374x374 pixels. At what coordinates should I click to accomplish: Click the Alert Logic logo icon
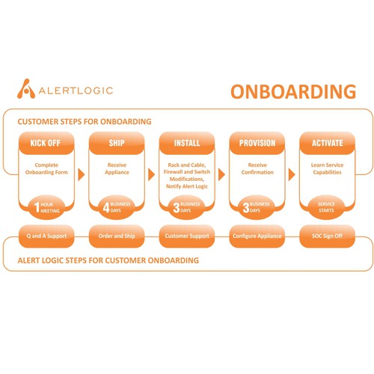coord(26,89)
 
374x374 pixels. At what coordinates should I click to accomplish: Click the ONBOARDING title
coord(293,91)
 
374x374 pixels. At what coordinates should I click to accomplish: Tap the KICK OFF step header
coord(46,143)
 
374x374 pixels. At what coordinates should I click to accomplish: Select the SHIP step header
coord(117,143)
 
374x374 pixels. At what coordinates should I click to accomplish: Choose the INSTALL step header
coord(187,143)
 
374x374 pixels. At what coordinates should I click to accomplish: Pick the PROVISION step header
coord(257,143)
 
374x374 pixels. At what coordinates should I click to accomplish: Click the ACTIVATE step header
coord(328,143)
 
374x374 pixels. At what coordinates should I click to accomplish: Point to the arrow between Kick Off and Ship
coord(82,174)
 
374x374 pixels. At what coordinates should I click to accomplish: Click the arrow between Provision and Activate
coord(292,174)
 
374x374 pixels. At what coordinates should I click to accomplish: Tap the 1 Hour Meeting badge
coord(46,207)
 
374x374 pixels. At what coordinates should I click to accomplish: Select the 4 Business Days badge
coord(117,207)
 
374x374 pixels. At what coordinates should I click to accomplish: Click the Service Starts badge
coord(326,207)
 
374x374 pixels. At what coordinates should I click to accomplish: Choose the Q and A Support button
coord(46,236)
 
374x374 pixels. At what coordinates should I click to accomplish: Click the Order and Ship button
coord(117,236)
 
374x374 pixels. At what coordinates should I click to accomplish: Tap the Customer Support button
coord(187,236)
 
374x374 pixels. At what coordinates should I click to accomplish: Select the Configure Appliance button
coord(257,236)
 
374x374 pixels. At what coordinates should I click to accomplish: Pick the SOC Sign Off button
coord(328,236)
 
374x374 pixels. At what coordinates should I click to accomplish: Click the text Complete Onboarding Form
coord(46,168)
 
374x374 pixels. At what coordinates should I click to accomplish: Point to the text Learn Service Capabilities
coord(327,168)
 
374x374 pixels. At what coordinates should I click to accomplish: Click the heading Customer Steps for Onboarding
coord(85,122)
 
